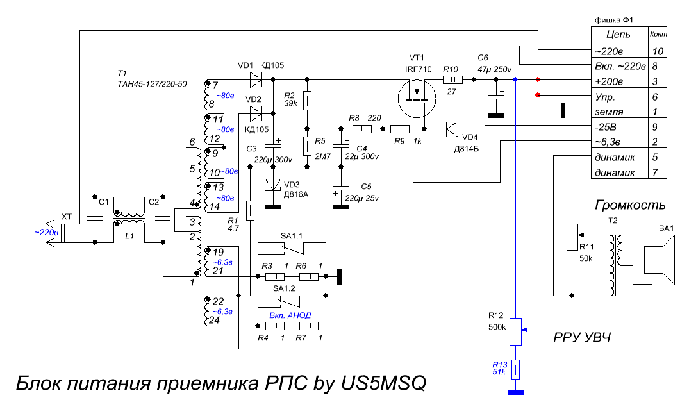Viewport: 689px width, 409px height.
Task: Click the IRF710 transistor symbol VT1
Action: [x=417, y=99]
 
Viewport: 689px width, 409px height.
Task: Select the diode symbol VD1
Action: [x=256, y=79]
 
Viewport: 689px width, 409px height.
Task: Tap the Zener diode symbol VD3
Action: [x=273, y=185]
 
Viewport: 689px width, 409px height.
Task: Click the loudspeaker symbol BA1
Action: [x=659, y=260]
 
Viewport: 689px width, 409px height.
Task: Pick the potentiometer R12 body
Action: [x=515, y=331]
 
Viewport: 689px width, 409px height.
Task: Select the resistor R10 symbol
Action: [x=452, y=79]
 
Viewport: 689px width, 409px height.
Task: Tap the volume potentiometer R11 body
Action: [x=572, y=237]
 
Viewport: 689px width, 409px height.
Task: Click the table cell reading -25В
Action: [x=620, y=127]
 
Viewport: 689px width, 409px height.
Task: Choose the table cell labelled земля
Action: [x=620, y=112]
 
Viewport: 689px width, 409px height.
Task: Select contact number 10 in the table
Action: [x=658, y=51]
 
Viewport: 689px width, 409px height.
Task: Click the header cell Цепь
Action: [x=620, y=34]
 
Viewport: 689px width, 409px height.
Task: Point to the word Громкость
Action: [x=630, y=205]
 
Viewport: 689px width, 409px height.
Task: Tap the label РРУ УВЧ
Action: [x=582, y=337]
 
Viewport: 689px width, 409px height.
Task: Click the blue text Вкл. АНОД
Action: [x=290, y=315]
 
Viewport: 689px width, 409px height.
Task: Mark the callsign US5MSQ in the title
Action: [x=383, y=383]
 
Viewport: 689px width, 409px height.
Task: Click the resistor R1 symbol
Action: [x=250, y=210]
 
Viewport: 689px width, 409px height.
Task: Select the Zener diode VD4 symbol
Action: [x=452, y=129]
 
